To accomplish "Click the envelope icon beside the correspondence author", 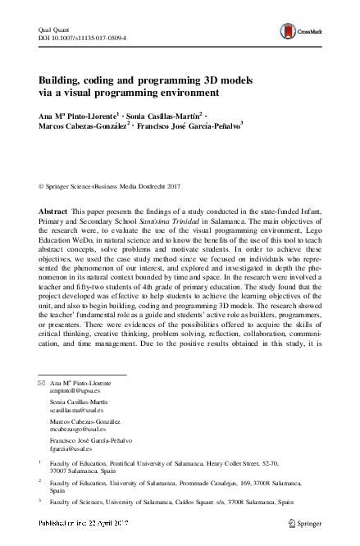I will point(32,384).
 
